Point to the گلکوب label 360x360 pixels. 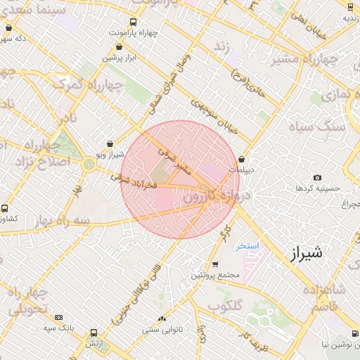[x=225, y=306]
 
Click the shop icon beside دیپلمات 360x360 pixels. [x=242, y=159]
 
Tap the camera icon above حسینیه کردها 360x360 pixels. [x=317, y=178]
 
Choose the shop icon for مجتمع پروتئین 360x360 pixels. [x=215, y=264]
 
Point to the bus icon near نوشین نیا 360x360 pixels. [x=352, y=335]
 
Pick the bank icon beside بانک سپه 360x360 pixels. [x=58, y=318]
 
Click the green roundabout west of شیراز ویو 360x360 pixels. [x=88, y=165]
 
